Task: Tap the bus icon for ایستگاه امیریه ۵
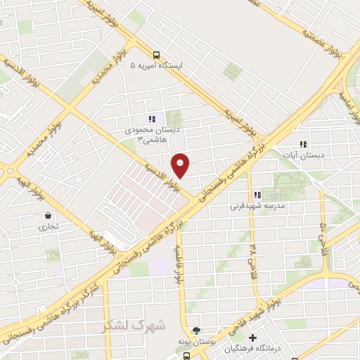(157, 54)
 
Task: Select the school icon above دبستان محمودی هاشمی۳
(151, 119)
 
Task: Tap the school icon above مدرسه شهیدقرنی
(257, 195)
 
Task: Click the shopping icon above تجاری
(47, 215)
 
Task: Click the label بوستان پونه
(198, 341)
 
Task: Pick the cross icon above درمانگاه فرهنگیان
(253, 338)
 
